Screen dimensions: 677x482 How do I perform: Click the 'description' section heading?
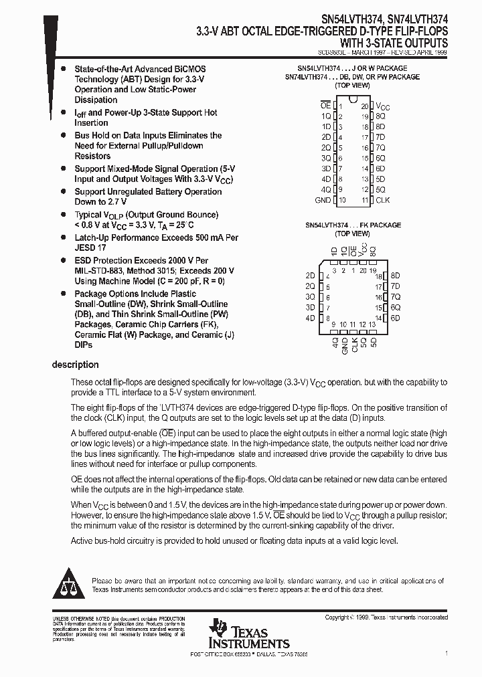(x=75, y=365)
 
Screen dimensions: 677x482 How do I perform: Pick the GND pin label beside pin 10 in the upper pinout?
(x=323, y=200)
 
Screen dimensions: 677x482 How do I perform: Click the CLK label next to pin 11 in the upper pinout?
(x=383, y=200)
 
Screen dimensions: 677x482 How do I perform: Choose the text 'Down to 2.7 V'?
(x=100, y=201)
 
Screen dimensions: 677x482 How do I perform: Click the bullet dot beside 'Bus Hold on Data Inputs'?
(x=62, y=135)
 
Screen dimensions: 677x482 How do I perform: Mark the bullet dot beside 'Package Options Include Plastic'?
(x=62, y=294)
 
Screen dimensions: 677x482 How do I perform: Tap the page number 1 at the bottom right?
(x=446, y=652)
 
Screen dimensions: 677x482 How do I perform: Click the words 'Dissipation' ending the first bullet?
(x=96, y=100)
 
